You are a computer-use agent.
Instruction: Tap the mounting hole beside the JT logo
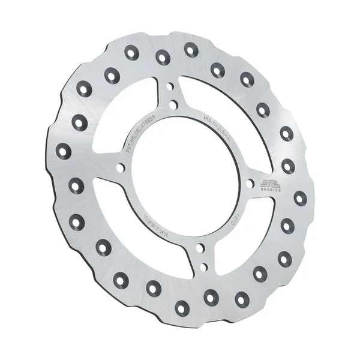pyautogui.click(x=247, y=184)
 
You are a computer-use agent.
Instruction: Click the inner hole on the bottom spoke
pyautogui.click(x=199, y=253)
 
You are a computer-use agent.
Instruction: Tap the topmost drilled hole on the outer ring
pyautogui.click(x=191, y=49)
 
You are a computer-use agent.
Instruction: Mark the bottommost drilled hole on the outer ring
pyautogui.click(x=182, y=308)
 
